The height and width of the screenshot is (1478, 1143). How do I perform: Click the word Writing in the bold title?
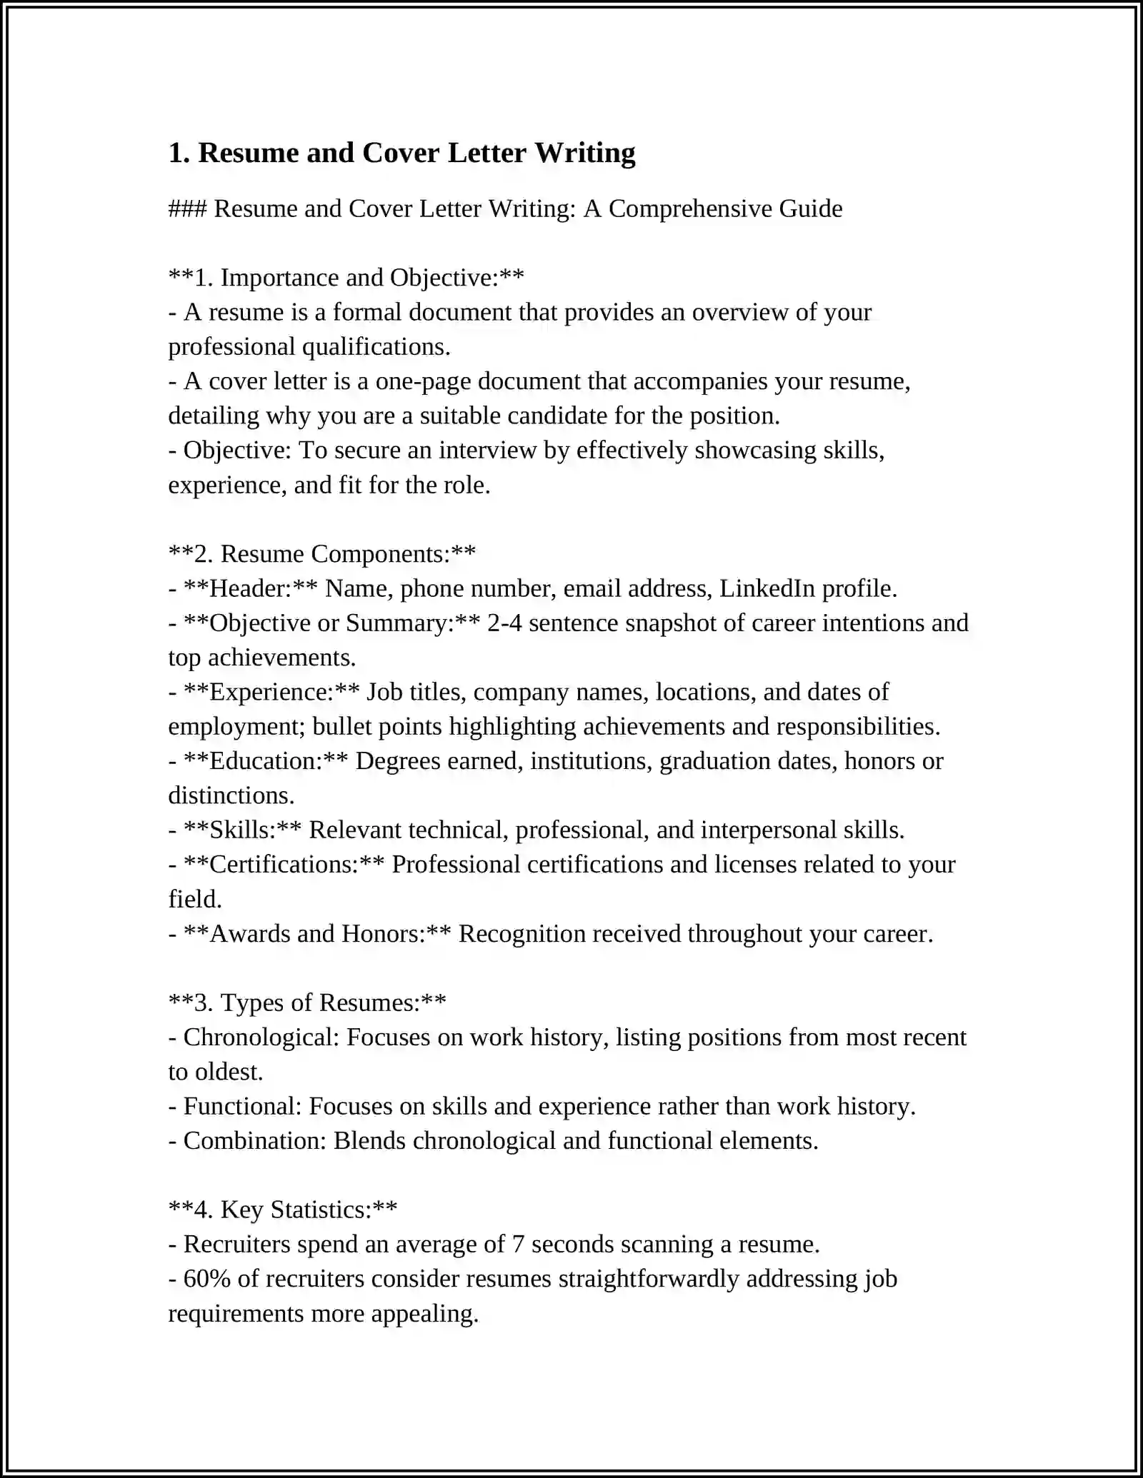(x=584, y=154)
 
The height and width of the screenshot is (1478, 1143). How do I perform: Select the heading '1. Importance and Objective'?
(x=346, y=278)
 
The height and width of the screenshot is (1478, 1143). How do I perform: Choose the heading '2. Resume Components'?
(x=322, y=554)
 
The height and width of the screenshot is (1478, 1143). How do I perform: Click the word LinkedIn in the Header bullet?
(x=767, y=588)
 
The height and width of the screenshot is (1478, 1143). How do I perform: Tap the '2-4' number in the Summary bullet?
(x=504, y=623)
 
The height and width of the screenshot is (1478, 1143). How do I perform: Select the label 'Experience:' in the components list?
(x=271, y=692)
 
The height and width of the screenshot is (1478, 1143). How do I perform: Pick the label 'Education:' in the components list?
(x=266, y=761)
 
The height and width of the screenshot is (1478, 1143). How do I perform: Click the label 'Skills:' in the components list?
(x=242, y=830)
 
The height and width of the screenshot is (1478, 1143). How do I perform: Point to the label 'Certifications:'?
(x=284, y=865)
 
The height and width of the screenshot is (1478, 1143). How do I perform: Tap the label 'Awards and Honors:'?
(x=317, y=934)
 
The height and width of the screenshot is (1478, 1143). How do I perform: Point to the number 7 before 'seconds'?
(x=519, y=1245)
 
